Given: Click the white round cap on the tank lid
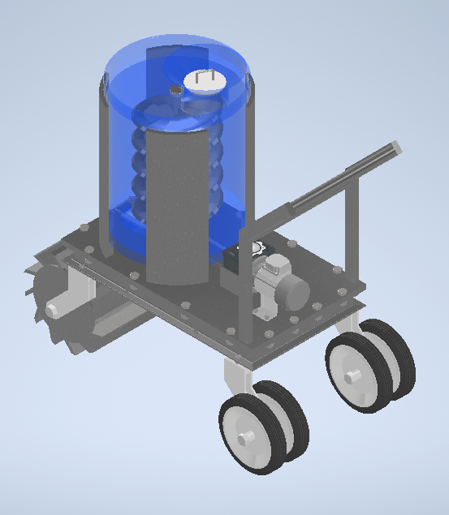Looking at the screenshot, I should (x=203, y=82).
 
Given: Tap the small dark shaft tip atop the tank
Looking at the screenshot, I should (x=174, y=90).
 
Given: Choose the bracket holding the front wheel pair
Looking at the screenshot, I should (x=235, y=376).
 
